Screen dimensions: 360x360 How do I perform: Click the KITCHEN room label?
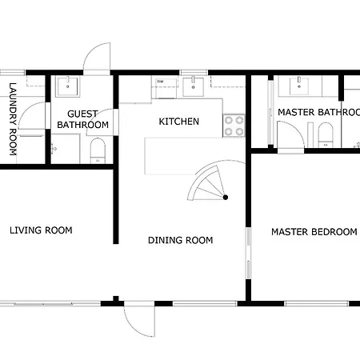coord(179,122)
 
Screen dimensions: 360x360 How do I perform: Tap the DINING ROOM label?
coord(181,240)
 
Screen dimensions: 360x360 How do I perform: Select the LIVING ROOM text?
coord(41,230)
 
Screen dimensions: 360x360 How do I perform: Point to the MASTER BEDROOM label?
coord(314,232)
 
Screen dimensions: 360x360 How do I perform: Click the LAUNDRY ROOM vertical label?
coord(13,119)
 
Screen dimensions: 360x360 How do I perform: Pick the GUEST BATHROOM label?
coord(82,119)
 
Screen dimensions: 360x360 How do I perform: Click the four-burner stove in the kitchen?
coord(234,126)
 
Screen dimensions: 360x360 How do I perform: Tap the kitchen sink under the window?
coord(194,86)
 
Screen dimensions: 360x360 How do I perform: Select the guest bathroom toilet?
coord(98,150)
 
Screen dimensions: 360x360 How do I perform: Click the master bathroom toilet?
coord(326,135)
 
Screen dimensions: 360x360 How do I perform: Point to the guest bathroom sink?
coord(67,86)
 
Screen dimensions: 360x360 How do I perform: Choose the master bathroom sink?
coord(299,86)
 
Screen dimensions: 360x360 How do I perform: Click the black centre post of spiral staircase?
coord(226,198)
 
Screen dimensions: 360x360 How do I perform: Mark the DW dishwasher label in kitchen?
coord(160,82)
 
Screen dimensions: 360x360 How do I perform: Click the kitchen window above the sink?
coord(194,73)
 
